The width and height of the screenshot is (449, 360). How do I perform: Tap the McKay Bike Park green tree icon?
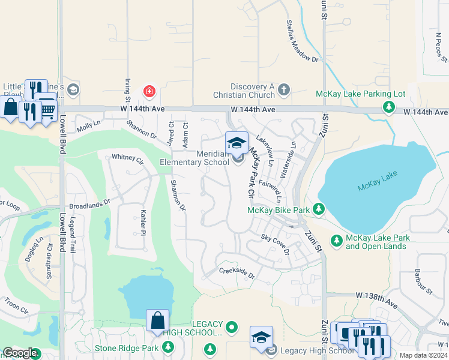click(x=319, y=209)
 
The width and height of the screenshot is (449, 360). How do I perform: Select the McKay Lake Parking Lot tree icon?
click(x=389, y=107)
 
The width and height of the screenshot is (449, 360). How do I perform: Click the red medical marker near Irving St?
click(x=148, y=91)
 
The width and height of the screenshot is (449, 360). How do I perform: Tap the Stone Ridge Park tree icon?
click(x=168, y=347)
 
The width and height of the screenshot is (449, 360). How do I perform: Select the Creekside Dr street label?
click(x=237, y=274)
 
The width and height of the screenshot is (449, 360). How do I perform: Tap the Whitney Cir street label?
click(x=127, y=160)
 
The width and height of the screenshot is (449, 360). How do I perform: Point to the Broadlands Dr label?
click(x=90, y=205)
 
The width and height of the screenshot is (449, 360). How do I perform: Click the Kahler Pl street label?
click(x=143, y=223)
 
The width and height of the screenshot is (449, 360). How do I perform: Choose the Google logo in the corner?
click(x=20, y=353)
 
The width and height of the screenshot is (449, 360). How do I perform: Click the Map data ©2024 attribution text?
click(x=423, y=355)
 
